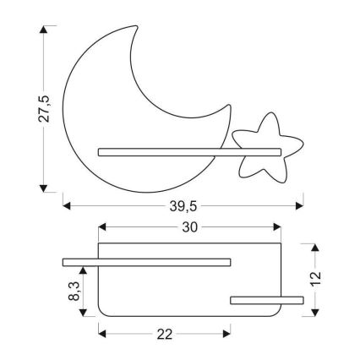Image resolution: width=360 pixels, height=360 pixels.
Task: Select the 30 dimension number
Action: pos(189,228)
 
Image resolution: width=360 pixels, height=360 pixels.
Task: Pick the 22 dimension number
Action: pos(165,335)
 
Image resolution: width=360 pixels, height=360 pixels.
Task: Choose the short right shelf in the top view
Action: pos(267,298)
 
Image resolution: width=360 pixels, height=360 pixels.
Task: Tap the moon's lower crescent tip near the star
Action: pos(226,108)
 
